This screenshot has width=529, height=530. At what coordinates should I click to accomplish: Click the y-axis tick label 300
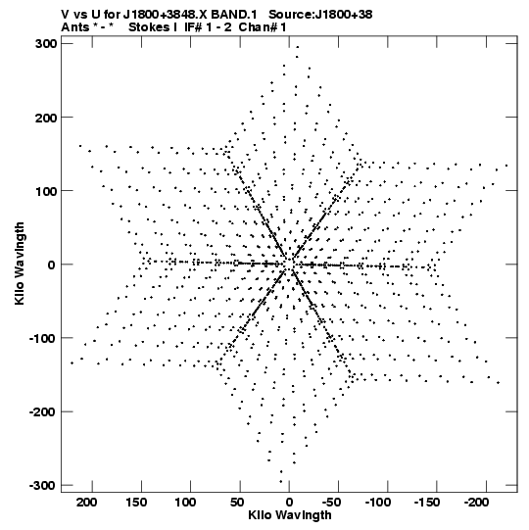46,44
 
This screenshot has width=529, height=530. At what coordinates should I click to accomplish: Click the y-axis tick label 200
46,118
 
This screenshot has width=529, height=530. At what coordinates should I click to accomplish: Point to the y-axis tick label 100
46,191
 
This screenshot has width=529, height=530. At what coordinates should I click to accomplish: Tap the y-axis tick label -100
43,338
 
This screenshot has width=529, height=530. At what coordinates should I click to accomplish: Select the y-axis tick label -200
43,412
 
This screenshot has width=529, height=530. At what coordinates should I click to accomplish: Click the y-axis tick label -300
43,486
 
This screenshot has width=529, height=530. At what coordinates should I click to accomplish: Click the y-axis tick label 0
51,265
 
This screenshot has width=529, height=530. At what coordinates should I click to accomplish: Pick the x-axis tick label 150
136,503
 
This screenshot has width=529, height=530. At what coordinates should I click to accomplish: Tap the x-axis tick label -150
427,503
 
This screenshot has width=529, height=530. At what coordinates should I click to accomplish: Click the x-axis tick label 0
289,503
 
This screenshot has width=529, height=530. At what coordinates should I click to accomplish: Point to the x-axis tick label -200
476,503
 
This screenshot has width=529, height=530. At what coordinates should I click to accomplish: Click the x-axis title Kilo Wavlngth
290,515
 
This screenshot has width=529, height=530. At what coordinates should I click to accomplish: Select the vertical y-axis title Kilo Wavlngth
20,264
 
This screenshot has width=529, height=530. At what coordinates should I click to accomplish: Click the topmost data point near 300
298,47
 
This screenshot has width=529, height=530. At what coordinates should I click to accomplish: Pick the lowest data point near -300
280,482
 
